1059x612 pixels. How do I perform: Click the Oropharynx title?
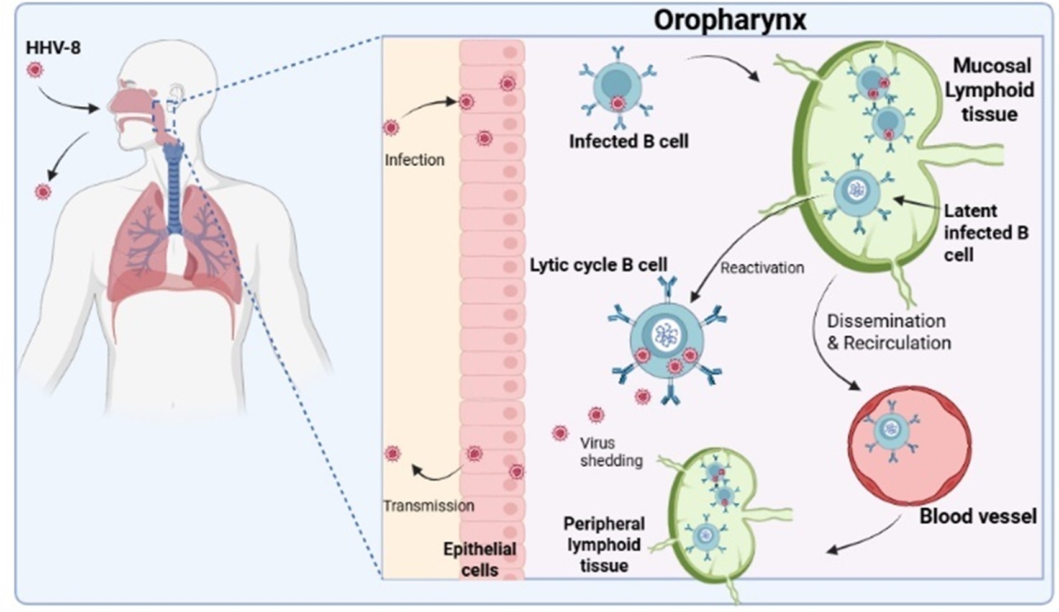729,20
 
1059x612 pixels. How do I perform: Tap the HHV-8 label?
53,47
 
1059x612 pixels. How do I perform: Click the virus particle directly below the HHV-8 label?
35,70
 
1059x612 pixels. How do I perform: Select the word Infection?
414,160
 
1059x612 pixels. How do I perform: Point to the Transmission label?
429,506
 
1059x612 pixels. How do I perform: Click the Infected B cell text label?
629,142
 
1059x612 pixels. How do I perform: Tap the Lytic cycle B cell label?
598,265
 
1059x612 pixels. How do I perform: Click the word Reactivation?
762,268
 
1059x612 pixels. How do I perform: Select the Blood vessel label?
978,516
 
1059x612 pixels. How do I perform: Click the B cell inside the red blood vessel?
892,430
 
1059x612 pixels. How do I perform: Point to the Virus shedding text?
611,452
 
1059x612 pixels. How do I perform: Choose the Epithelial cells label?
480,559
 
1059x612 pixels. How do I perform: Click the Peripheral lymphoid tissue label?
604,544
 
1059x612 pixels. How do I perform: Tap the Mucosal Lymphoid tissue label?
989,90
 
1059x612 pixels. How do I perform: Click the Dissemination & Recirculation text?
888,332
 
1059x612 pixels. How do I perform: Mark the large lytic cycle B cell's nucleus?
666,335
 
